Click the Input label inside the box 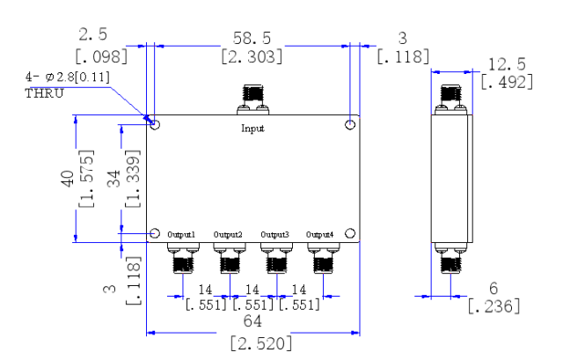click(253, 129)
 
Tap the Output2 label click(228, 234)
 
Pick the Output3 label click(274, 234)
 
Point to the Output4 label click(320, 234)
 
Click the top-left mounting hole click(155, 125)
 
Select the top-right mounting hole click(350, 125)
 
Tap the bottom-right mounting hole click(350, 233)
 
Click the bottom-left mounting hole click(155, 233)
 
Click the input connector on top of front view click(252, 101)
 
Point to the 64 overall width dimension click(253, 323)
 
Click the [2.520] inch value click(253, 343)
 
